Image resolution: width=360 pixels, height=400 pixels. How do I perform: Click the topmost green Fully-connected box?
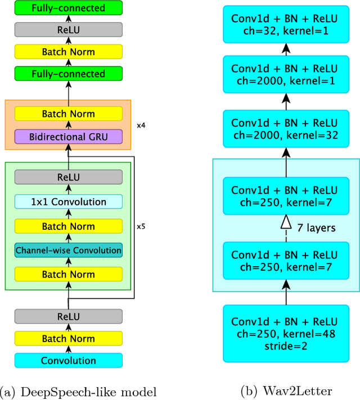(x=68, y=8)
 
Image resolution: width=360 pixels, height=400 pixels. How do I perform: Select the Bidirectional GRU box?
(x=68, y=136)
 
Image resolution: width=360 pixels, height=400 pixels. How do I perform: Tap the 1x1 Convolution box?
(x=68, y=202)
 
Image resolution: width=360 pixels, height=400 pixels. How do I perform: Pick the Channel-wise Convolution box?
(x=68, y=251)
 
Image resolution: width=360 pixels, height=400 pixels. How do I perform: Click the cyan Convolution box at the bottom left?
(x=68, y=361)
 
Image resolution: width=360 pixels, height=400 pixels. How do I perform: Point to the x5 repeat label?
(x=141, y=228)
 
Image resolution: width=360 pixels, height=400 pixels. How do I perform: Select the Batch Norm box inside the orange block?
(x=68, y=114)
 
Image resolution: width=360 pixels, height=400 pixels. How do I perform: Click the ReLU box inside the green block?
(x=68, y=178)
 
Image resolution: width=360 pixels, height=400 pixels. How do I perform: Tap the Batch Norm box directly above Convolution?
(x=68, y=338)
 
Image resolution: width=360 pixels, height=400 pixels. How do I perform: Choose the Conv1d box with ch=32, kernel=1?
(x=285, y=24)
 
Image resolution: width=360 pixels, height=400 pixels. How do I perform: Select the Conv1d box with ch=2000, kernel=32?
(x=285, y=129)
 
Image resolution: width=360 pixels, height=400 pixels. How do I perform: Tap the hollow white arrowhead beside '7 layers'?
(x=285, y=224)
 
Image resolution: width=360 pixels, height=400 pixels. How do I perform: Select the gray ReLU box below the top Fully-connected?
(x=68, y=29)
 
